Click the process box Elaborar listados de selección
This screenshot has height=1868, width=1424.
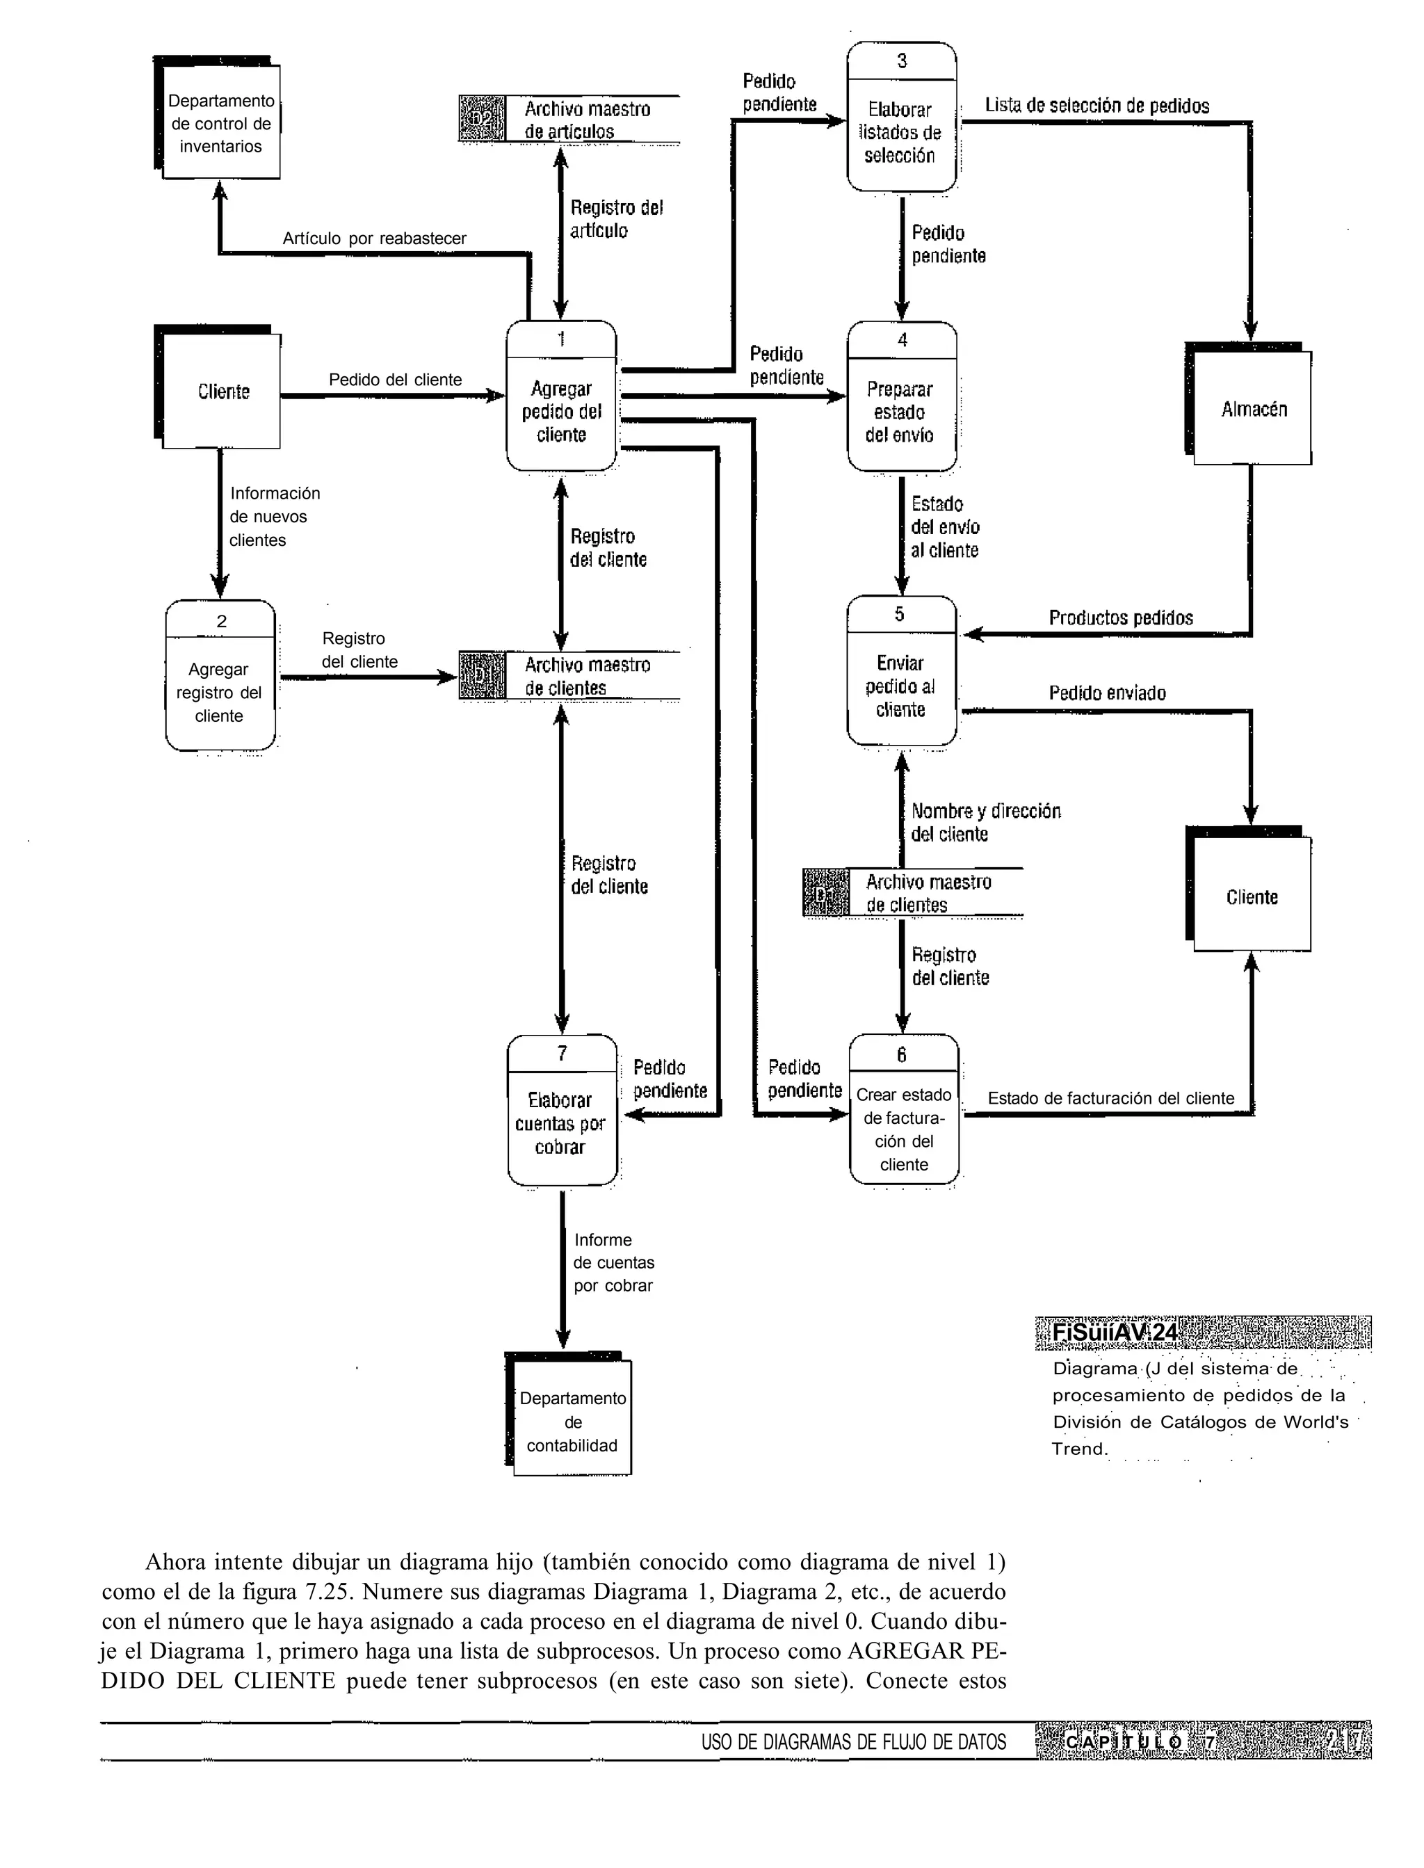[901, 132]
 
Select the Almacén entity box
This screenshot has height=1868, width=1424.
[1252, 408]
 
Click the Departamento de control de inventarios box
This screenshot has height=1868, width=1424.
[220, 123]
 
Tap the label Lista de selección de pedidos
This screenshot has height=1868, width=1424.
[1096, 106]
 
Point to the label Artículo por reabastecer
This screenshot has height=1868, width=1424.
[374, 238]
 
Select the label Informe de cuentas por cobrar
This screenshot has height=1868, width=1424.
[613, 1262]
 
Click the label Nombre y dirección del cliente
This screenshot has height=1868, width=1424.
[985, 822]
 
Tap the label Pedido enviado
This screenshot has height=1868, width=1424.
[1106, 693]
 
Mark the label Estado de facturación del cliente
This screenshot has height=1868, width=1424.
[1110, 1098]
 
